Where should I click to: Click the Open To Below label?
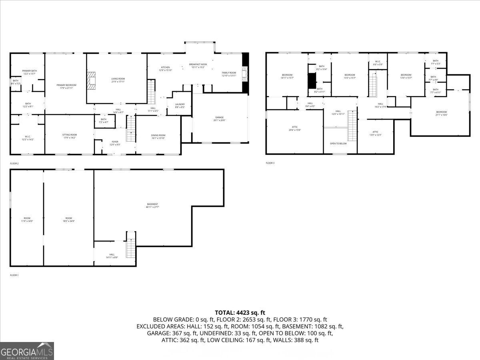[338, 143]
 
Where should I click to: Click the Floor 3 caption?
[270, 163]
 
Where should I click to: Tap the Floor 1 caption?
[14, 275]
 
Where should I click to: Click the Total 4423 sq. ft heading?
[240, 313]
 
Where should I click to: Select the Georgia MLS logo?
[27, 351]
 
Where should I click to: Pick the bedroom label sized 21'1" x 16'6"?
[441, 113]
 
